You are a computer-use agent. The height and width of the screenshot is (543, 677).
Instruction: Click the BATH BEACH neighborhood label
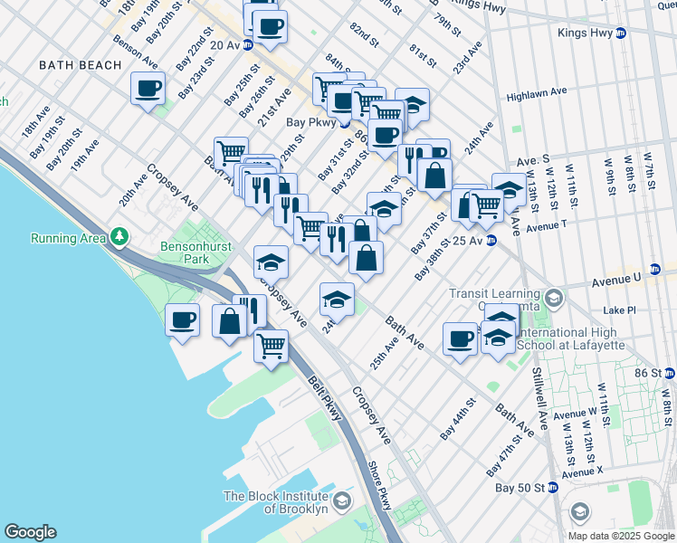tap(80, 65)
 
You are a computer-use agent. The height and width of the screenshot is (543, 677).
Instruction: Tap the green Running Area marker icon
tap(119, 238)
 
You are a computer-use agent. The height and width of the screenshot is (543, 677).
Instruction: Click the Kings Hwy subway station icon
tap(621, 33)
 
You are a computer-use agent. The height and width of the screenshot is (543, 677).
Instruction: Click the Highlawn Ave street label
tap(537, 92)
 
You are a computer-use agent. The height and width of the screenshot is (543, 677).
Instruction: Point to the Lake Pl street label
tap(619, 310)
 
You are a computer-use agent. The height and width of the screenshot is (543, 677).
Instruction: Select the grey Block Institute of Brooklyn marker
tap(342, 501)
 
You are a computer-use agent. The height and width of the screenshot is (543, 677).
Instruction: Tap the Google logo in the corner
tap(30, 532)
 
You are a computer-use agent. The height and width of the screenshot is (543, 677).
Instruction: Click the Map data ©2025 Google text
tap(621, 536)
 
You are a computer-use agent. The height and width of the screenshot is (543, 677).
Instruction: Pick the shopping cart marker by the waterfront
tap(272, 345)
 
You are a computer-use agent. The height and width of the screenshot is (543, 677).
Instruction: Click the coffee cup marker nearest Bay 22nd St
tap(148, 88)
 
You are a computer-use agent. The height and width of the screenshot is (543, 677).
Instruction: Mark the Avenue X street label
tap(581, 472)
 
